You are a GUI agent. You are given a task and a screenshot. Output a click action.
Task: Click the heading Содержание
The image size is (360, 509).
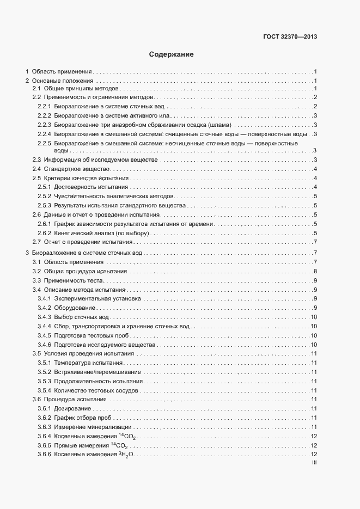[x=172, y=54]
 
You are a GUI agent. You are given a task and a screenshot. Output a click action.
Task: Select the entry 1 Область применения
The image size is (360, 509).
[x=60, y=71]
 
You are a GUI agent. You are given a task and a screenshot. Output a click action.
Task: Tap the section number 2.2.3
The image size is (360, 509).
[x=44, y=125]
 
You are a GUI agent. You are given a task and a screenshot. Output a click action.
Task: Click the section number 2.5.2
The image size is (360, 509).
[x=44, y=196]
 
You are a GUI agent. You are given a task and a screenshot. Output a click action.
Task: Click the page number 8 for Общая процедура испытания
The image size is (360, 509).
[x=315, y=271]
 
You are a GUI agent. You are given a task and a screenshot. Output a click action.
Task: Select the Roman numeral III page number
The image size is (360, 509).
[x=314, y=463]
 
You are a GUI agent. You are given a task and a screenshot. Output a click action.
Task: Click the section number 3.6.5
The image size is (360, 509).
[x=44, y=445]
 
